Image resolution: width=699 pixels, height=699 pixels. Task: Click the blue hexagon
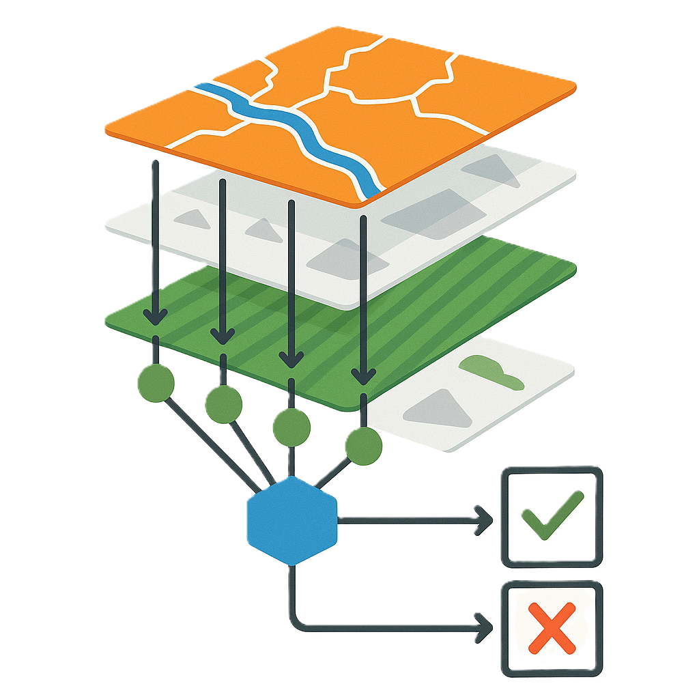click(291, 520)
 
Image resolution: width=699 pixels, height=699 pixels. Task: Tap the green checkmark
click(552, 515)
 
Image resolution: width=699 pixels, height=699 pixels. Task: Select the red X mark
click(552, 629)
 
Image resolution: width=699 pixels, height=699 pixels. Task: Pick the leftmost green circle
click(156, 383)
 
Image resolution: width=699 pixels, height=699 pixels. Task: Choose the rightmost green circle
click(363, 446)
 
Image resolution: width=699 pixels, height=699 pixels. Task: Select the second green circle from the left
click(223, 404)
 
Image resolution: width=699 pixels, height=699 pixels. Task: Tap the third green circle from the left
click(291, 427)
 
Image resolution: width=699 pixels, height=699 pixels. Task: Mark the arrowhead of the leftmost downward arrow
click(156, 315)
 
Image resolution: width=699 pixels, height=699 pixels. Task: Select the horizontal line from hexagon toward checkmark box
click(410, 521)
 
